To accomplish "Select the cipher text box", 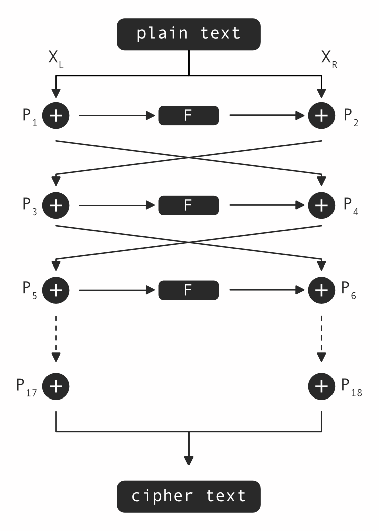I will (188, 496).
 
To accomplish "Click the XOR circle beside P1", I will (56, 116).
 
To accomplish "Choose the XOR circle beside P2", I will (321, 116).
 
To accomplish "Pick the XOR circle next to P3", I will (56, 206).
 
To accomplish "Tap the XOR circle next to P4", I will (321, 206).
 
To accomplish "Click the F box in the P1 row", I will (188, 116).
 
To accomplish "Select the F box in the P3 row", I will (188, 206).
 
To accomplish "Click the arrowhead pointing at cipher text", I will (188, 460).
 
